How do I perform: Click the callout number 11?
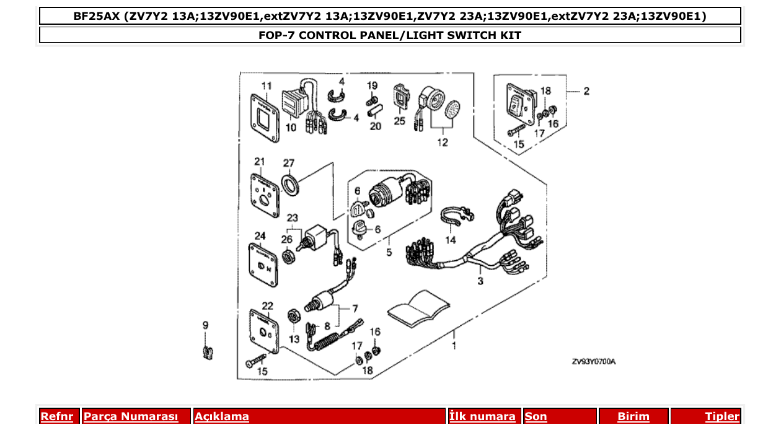[x=267, y=85]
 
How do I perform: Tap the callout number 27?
[x=289, y=163]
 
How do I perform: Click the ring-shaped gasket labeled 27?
[x=290, y=183]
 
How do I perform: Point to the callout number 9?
[x=206, y=325]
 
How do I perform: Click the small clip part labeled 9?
[x=208, y=353]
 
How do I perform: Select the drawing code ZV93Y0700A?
[x=593, y=361]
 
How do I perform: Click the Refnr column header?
[x=56, y=416]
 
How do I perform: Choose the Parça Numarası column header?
[x=131, y=416]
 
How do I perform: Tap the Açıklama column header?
[x=222, y=416]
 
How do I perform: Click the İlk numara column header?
[x=482, y=416]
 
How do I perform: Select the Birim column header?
[x=633, y=416]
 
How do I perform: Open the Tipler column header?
[x=721, y=416]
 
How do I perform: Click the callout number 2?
[x=586, y=91]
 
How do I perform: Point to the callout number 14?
[x=450, y=240]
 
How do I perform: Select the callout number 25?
[x=400, y=120]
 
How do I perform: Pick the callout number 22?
[x=267, y=305]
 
